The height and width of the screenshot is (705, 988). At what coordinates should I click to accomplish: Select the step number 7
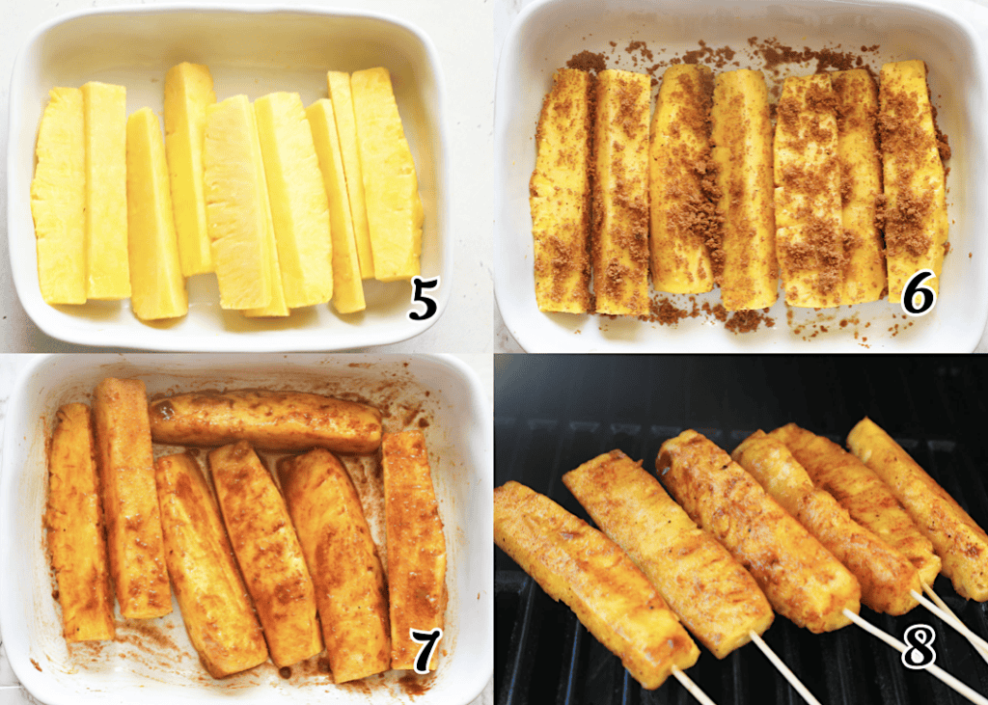click(425, 650)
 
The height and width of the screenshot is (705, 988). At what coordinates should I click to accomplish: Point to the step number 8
click(919, 646)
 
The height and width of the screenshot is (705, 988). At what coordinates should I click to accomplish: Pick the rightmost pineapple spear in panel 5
click(386, 174)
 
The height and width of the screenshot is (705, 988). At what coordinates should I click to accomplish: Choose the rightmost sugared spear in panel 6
click(914, 180)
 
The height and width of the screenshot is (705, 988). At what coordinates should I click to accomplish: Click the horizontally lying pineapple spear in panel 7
click(264, 420)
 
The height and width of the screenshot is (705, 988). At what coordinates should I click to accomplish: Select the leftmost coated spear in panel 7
click(79, 522)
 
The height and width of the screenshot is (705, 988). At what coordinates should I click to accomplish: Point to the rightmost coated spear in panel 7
click(413, 548)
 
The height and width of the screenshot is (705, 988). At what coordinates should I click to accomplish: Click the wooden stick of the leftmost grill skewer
click(692, 686)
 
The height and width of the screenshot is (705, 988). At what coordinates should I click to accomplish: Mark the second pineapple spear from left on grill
click(668, 552)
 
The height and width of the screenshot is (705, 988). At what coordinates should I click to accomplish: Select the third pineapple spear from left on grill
click(757, 529)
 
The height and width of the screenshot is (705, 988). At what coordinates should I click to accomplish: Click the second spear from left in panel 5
click(106, 190)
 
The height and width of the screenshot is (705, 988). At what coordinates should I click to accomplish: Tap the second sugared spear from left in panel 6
click(621, 192)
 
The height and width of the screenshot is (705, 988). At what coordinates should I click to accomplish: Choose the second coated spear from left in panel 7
click(132, 498)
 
